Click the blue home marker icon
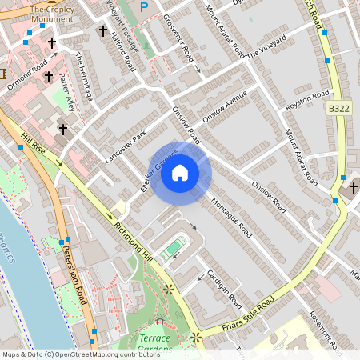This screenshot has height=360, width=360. pos(180,173)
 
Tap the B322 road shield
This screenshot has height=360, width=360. pos(338,106)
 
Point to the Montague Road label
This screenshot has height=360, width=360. pos(232,218)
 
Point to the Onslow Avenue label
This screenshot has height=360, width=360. pos(226,109)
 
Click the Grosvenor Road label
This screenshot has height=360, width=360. pos(178,38)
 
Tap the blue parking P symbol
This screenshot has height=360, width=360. pos(144,8)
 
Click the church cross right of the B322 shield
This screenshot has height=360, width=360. pos(354,188)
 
